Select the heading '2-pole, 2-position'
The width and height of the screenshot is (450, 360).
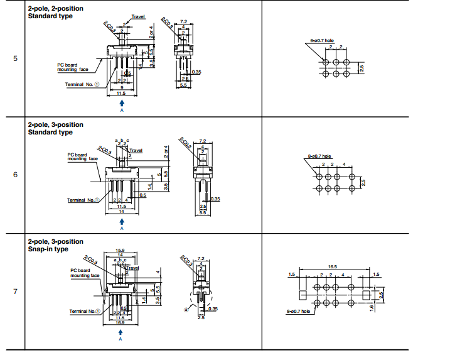[x=55, y=9]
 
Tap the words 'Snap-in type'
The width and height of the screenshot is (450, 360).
[x=48, y=249]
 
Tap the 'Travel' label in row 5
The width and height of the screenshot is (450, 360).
[x=139, y=16]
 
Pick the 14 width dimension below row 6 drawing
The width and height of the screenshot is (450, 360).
[x=121, y=212]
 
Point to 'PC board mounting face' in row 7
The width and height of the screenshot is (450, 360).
[x=85, y=273]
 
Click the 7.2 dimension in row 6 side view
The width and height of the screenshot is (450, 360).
[x=202, y=141]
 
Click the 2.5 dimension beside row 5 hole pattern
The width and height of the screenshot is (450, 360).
[x=362, y=68]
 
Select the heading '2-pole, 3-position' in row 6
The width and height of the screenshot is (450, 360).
[x=55, y=124]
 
